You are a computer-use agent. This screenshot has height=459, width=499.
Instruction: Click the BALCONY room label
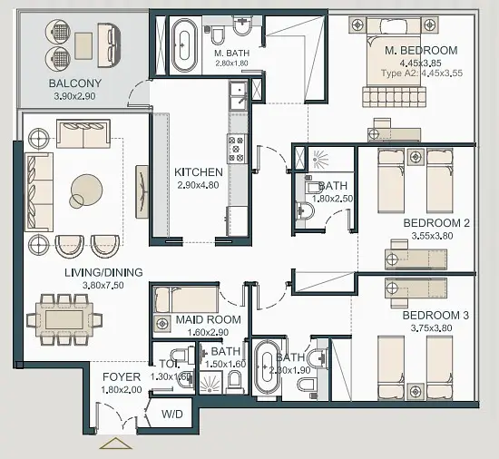75,83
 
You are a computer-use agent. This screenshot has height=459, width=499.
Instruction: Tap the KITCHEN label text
199,172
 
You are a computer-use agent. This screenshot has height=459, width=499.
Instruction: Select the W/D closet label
171,415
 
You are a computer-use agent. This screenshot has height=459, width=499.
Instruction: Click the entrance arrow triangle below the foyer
115,444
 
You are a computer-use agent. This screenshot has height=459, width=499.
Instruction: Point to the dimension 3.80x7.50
103,286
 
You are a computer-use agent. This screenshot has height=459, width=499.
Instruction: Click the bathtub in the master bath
184,45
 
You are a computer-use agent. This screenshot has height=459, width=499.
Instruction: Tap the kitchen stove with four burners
237,149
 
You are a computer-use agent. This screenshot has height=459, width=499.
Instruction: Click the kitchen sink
239,94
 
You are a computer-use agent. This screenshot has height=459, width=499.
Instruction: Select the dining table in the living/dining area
64,319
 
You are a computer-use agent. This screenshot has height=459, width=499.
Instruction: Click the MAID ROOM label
209,319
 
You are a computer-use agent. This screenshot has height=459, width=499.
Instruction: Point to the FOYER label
122,377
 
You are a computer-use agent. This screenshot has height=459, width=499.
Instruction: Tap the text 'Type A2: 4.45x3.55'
422,73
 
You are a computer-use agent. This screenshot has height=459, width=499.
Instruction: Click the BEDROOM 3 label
435,316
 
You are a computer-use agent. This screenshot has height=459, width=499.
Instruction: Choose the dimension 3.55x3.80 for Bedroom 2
432,236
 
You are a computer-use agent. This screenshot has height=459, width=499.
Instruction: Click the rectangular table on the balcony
83,45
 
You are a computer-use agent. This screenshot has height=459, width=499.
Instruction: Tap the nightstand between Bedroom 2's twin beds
415,157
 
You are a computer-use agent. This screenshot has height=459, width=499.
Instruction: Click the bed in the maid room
186,299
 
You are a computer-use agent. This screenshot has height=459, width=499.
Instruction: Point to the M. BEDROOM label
421,51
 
